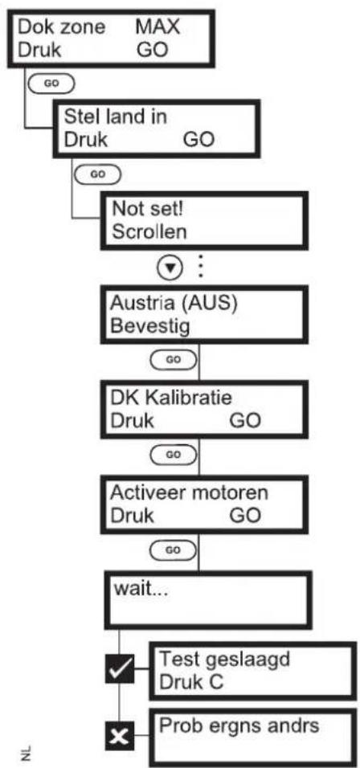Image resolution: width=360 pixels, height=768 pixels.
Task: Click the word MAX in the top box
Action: pyautogui.click(x=157, y=27)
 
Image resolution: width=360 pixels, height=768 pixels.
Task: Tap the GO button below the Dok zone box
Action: pyautogui.click(x=51, y=83)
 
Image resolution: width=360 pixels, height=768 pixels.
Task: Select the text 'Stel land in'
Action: pyautogui.click(x=116, y=117)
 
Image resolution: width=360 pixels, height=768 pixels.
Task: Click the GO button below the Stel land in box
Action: pyautogui.click(x=96, y=173)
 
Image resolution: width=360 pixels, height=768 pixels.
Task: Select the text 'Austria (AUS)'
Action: pyautogui.click(x=174, y=304)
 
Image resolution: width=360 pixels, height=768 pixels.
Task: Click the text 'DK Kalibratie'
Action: pyautogui.click(x=171, y=398)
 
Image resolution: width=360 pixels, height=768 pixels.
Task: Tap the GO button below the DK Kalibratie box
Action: pyautogui.click(x=174, y=454)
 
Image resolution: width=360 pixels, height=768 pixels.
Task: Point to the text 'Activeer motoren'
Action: pyautogui.click(x=189, y=492)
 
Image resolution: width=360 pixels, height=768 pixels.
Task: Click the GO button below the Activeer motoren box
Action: pyautogui.click(x=174, y=550)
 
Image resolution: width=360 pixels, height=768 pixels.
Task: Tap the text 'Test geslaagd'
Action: pyautogui.click(x=225, y=660)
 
